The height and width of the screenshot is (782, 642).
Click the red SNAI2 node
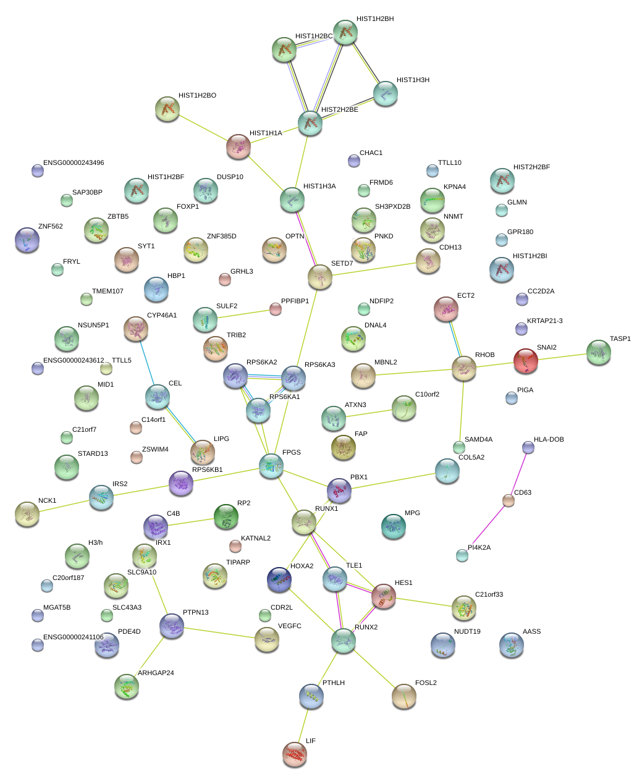click(x=525, y=361)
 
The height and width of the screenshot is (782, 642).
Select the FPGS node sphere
click(x=271, y=465)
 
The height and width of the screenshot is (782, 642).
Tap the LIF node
click(x=295, y=754)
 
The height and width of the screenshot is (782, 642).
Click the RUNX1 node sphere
click(x=304, y=522)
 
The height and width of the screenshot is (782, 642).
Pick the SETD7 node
click(x=319, y=277)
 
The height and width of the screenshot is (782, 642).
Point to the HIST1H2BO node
click(x=167, y=109)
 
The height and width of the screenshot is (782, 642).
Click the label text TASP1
click(x=620, y=338)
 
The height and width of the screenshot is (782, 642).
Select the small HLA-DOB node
click(x=528, y=447)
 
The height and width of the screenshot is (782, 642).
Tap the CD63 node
click(x=509, y=500)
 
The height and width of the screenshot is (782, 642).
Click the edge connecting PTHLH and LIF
click(x=303, y=724)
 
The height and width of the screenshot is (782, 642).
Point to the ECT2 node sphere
click(x=446, y=309)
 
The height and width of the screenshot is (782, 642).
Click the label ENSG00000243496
click(x=74, y=163)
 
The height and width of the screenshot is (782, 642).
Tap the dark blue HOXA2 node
click(x=279, y=579)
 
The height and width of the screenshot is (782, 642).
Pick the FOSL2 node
click(x=404, y=696)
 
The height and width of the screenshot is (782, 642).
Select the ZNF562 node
click(x=27, y=239)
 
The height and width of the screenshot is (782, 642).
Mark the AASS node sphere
click(x=511, y=644)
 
